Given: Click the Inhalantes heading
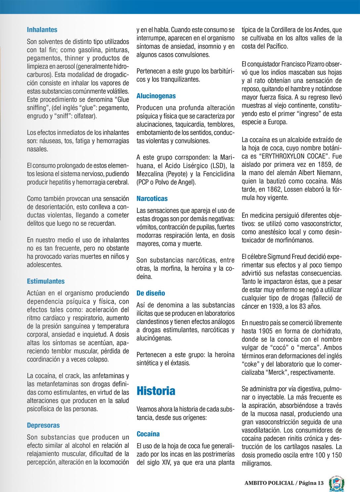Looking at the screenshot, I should point(42,30).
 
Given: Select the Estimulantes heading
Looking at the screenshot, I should point(46,281).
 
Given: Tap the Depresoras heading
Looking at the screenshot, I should point(43,425).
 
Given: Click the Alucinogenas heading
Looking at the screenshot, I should point(156,96).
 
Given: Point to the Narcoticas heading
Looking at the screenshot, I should point(152,199).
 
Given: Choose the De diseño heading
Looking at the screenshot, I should point(151,293).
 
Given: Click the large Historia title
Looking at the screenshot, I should point(156,391).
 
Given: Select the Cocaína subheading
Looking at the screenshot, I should point(148,434).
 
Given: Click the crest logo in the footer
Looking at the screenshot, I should point(337,483).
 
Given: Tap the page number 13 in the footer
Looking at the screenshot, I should point(320,483).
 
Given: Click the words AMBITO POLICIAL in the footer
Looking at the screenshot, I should point(269,483).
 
